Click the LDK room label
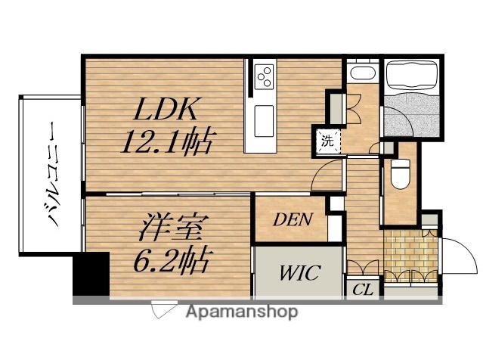166,109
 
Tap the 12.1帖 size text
168,141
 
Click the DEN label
293,220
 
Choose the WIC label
300,273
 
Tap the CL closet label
363,290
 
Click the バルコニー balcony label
55,173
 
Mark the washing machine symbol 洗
327,141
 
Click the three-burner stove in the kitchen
264,76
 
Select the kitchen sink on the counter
264,121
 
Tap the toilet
400,173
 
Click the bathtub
412,76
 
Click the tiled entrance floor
410,255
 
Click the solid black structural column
91,274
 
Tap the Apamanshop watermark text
242,312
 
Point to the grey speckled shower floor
411,115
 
